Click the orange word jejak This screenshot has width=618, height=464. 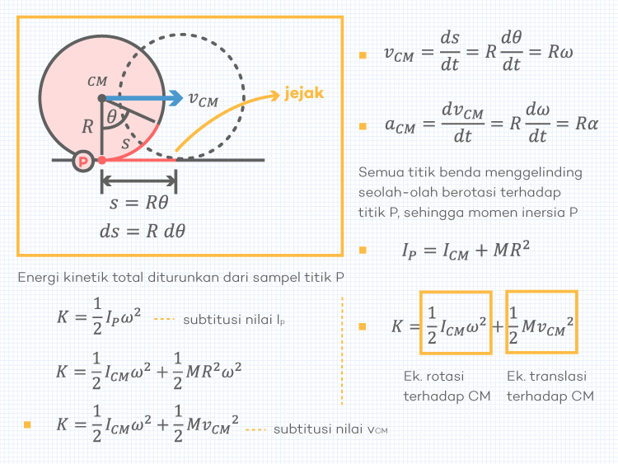(x=304, y=93)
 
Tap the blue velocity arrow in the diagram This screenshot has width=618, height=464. (x=144, y=99)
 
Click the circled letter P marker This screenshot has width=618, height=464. (x=82, y=161)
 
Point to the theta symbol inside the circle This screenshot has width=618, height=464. (x=112, y=118)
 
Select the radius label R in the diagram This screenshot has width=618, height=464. (x=88, y=127)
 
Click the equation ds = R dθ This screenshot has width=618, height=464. (x=142, y=231)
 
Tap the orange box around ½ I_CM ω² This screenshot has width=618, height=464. (x=456, y=323)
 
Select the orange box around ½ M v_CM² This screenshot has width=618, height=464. (x=541, y=323)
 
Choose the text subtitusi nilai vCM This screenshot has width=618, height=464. (x=330, y=429)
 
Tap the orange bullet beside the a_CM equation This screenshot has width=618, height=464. (x=363, y=126)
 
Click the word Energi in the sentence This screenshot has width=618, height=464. (x=39, y=278)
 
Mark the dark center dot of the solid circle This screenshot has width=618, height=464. (x=101, y=99)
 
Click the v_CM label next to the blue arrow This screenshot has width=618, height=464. (x=204, y=100)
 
